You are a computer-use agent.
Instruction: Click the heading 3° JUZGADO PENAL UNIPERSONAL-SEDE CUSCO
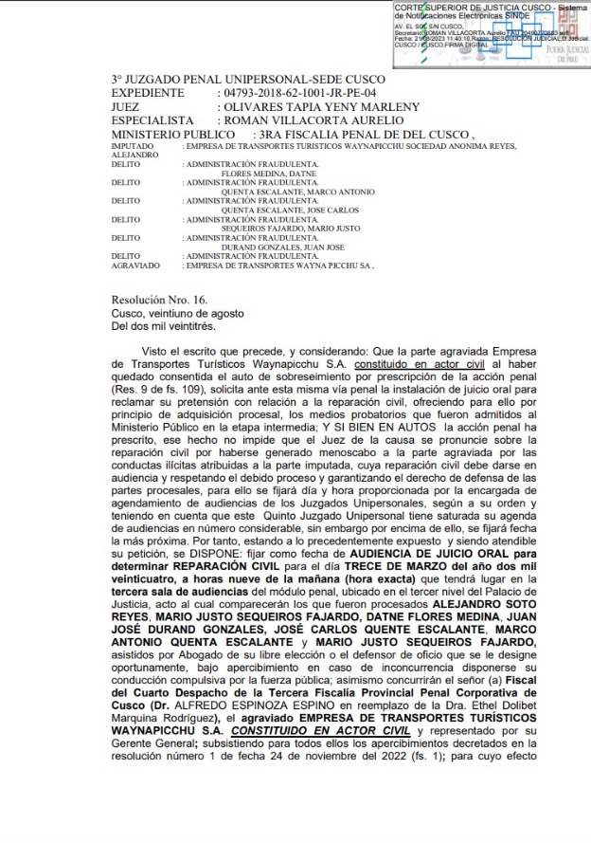248,79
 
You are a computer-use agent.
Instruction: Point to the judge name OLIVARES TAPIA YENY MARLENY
317,107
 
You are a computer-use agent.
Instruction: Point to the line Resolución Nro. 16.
159,300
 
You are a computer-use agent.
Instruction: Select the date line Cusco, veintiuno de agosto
177,313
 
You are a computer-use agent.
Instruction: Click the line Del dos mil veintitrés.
163,326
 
